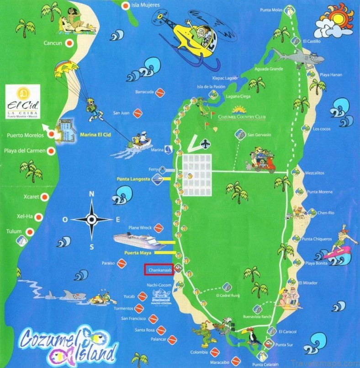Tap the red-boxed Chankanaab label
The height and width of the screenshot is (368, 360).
pos(159,270)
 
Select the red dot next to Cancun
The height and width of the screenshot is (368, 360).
pos(69,43)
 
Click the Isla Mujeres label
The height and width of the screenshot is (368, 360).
pos(145,5)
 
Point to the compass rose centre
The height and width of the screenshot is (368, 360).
pos(91,219)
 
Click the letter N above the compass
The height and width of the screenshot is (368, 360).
pos(91,194)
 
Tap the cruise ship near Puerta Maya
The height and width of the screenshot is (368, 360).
pos(139,241)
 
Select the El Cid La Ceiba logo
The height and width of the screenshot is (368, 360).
pos(23,102)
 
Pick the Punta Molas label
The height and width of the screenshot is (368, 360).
pos(271,10)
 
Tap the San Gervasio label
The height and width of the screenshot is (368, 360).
pos(259,135)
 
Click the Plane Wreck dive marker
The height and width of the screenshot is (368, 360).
pos(158,228)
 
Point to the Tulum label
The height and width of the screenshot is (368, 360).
pos(14,231)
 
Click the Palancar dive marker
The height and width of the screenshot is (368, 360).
pos(172,340)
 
